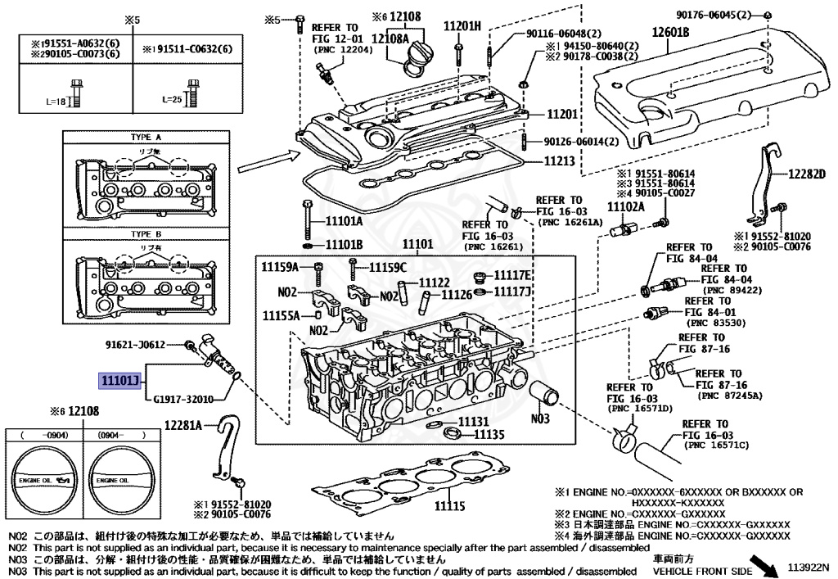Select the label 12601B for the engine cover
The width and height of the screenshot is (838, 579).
tap(670, 33)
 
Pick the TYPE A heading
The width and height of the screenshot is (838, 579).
tap(146, 138)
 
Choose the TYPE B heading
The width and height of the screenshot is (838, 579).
tap(146, 234)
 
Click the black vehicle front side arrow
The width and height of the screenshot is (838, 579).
tap(767, 563)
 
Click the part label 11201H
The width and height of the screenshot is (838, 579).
tap(462, 26)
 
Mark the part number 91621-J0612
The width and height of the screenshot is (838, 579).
tap(135, 345)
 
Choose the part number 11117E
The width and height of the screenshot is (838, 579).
tap(516, 275)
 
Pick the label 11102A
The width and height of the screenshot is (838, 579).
tap(626, 207)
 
